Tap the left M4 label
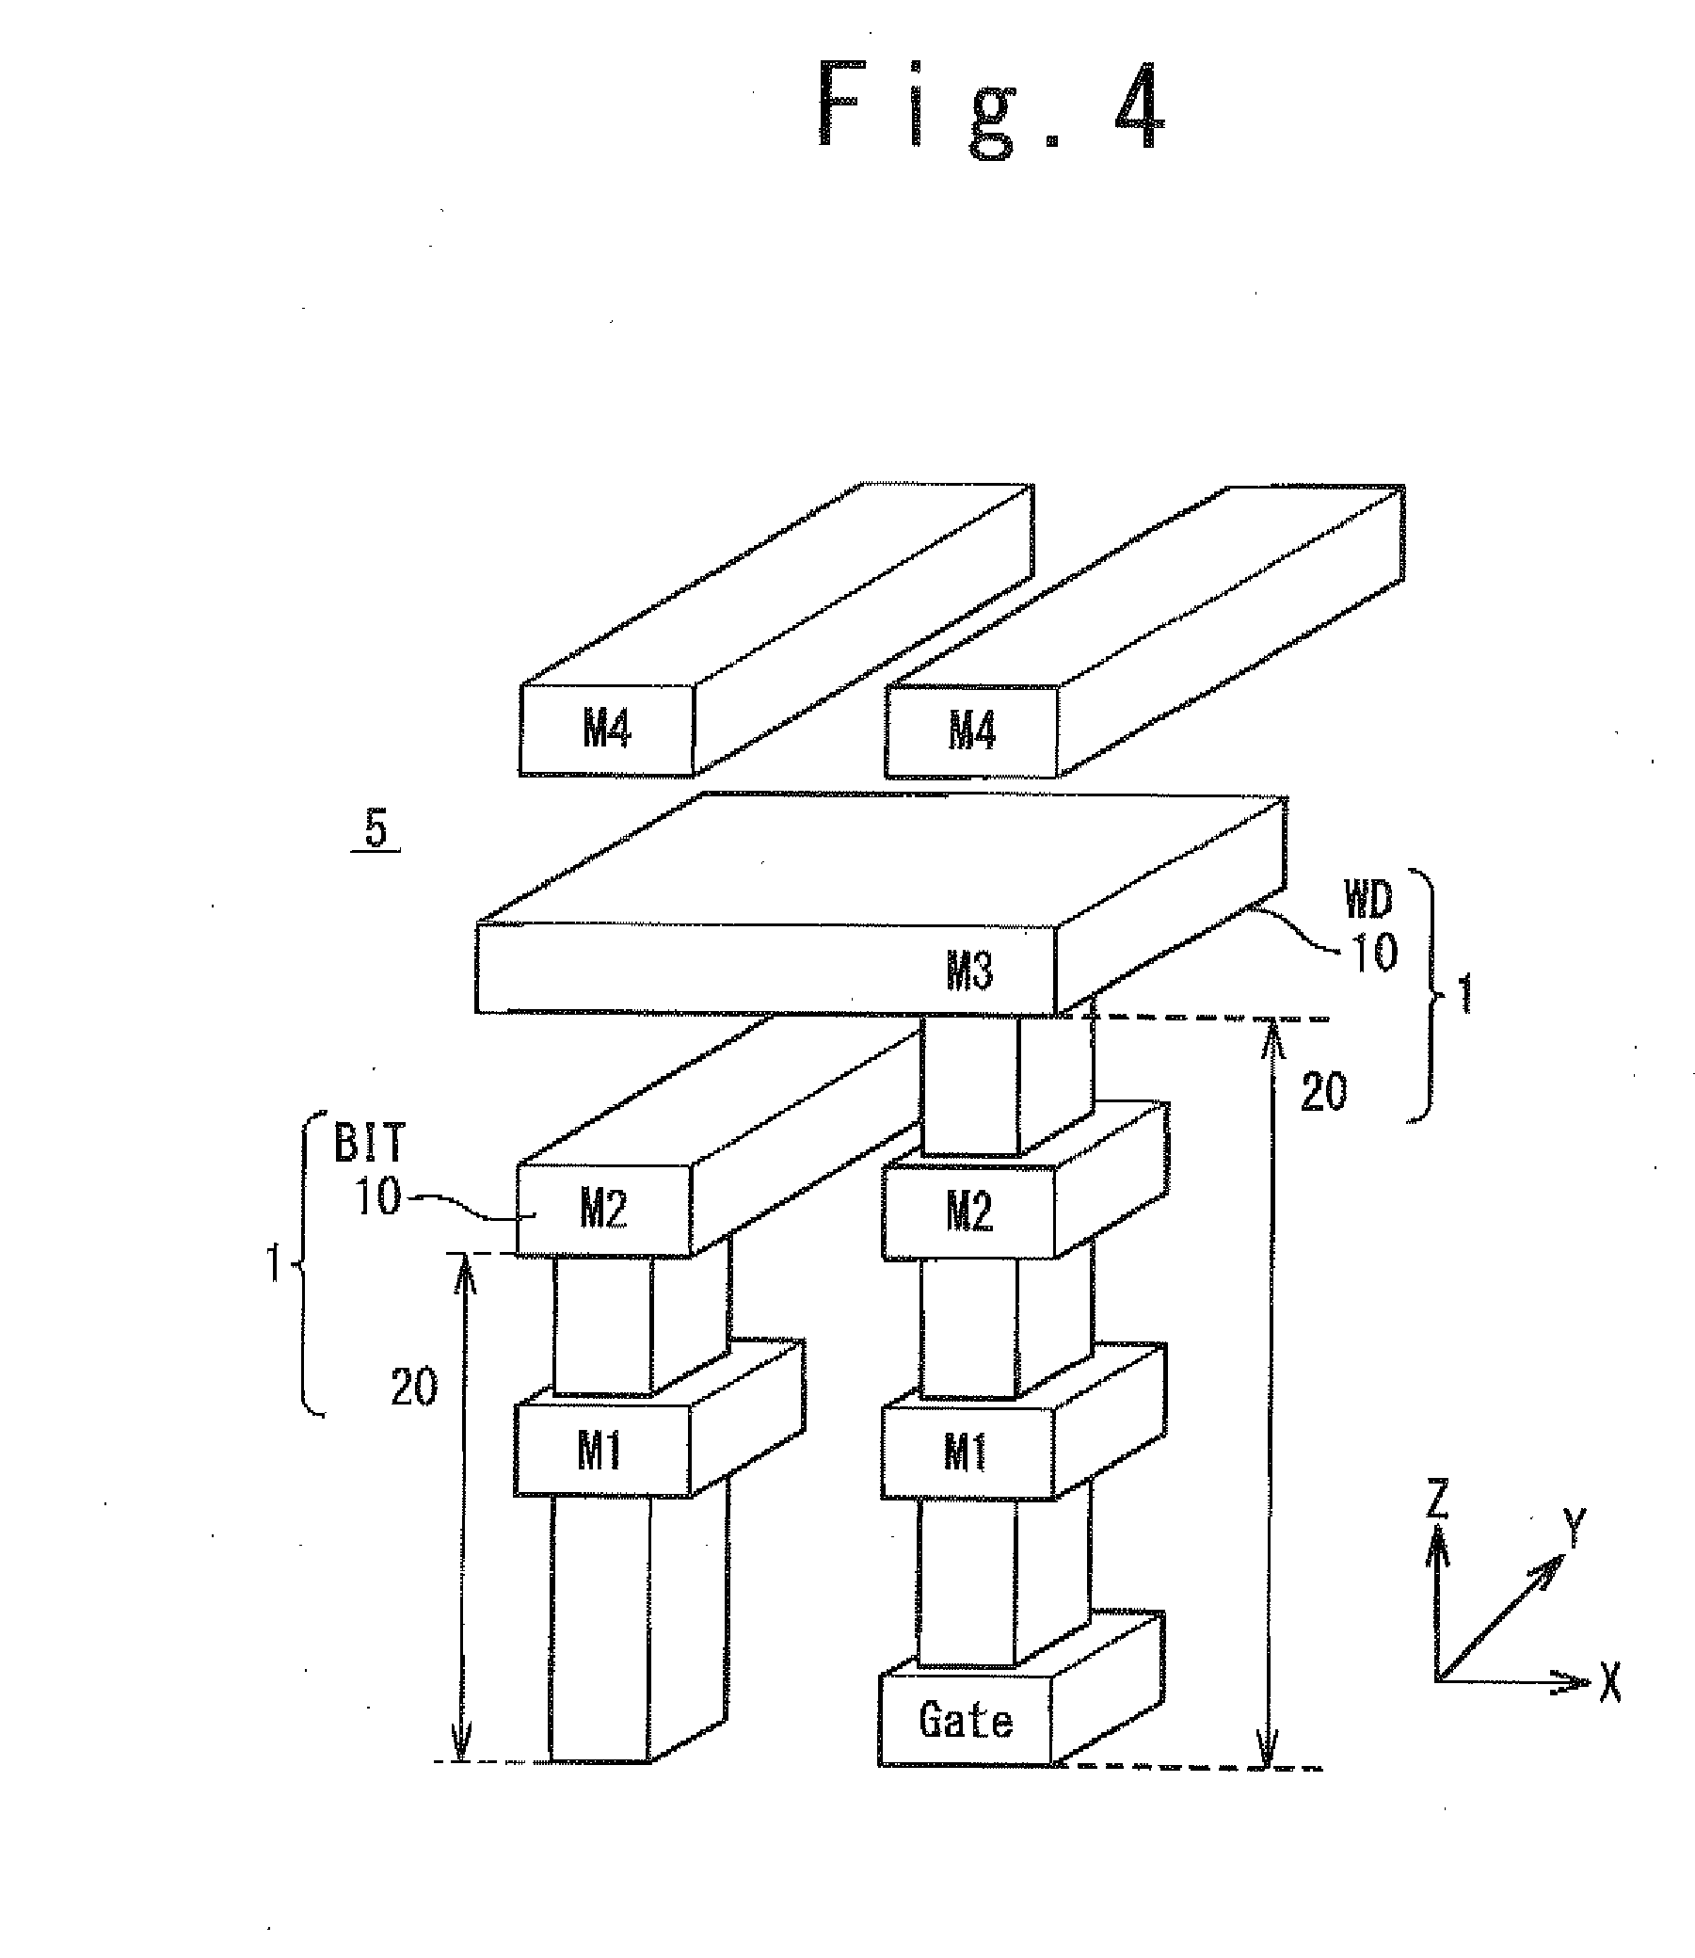coord(605,729)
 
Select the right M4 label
coord(971,730)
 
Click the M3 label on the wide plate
coord(969,970)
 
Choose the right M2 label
coord(969,1211)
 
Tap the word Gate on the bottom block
coord(965,1720)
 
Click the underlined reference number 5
coord(376,830)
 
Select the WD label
coord(1367,901)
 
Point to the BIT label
coord(370,1144)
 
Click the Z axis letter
coord(1437,1500)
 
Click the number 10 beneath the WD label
coord(1373,953)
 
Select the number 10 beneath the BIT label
coord(378,1196)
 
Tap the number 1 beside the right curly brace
coord(1465,995)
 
